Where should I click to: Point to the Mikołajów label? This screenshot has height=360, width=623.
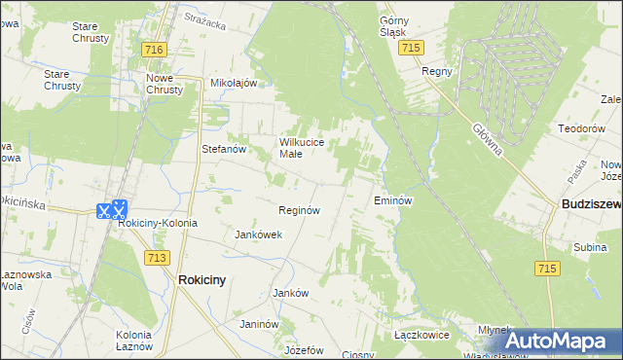(x=234, y=83)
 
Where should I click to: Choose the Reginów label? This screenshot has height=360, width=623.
(x=299, y=210)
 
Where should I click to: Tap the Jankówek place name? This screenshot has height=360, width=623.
(x=259, y=234)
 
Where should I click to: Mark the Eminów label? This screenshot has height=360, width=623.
(x=394, y=200)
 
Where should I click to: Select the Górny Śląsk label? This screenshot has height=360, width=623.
(x=399, y=25)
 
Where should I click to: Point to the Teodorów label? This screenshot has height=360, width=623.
(x=581, y=128)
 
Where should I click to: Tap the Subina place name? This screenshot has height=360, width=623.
(x=590, y=248)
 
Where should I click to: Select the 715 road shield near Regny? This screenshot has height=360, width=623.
(x=412, y=48)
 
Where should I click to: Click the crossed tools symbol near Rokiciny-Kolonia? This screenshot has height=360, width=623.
(x=112, y=208)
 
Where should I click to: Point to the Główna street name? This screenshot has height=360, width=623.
(x=487, y=137)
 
